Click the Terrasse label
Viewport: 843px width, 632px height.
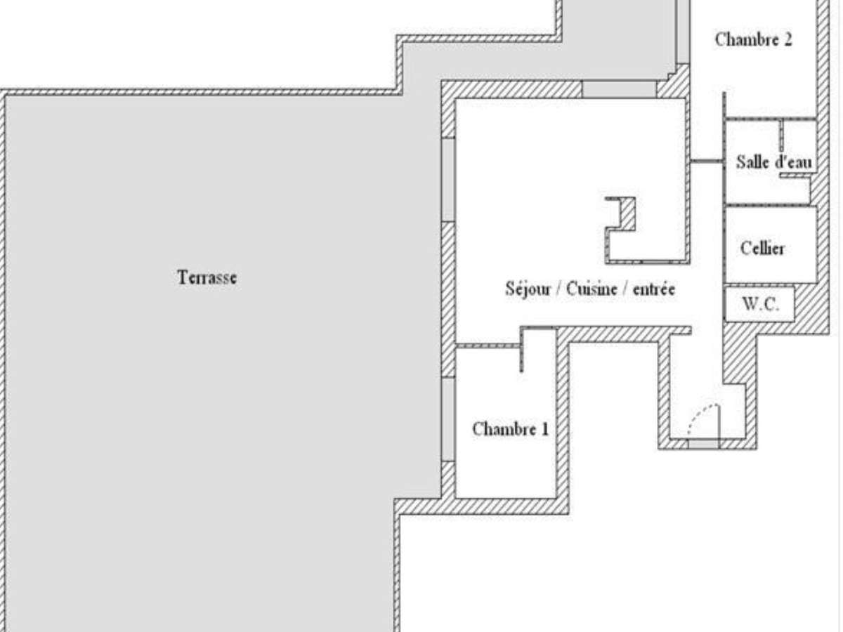[x=207, y=277]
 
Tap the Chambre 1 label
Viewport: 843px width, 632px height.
[x=510, y=429]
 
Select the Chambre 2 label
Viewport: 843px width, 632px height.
[x=753, y=39]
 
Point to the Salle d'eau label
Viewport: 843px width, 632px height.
[x=773, y=162]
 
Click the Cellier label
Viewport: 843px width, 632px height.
[x=762, y=248]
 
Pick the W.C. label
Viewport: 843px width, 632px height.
[x=759, y=305]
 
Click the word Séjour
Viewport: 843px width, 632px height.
[x=528, y=289]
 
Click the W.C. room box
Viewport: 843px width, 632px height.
[x=759, y=305]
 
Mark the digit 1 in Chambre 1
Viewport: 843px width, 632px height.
[x=544, y=429]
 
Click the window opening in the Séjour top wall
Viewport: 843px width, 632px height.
[x=619, y=89]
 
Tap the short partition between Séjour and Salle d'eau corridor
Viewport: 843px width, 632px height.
[x=706, y=162]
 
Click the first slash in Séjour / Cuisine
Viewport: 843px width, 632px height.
[x=560, y=289]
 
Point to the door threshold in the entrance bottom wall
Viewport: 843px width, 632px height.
[x=703, y=444]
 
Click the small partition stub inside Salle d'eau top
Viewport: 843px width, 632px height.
[x=780, y=135]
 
